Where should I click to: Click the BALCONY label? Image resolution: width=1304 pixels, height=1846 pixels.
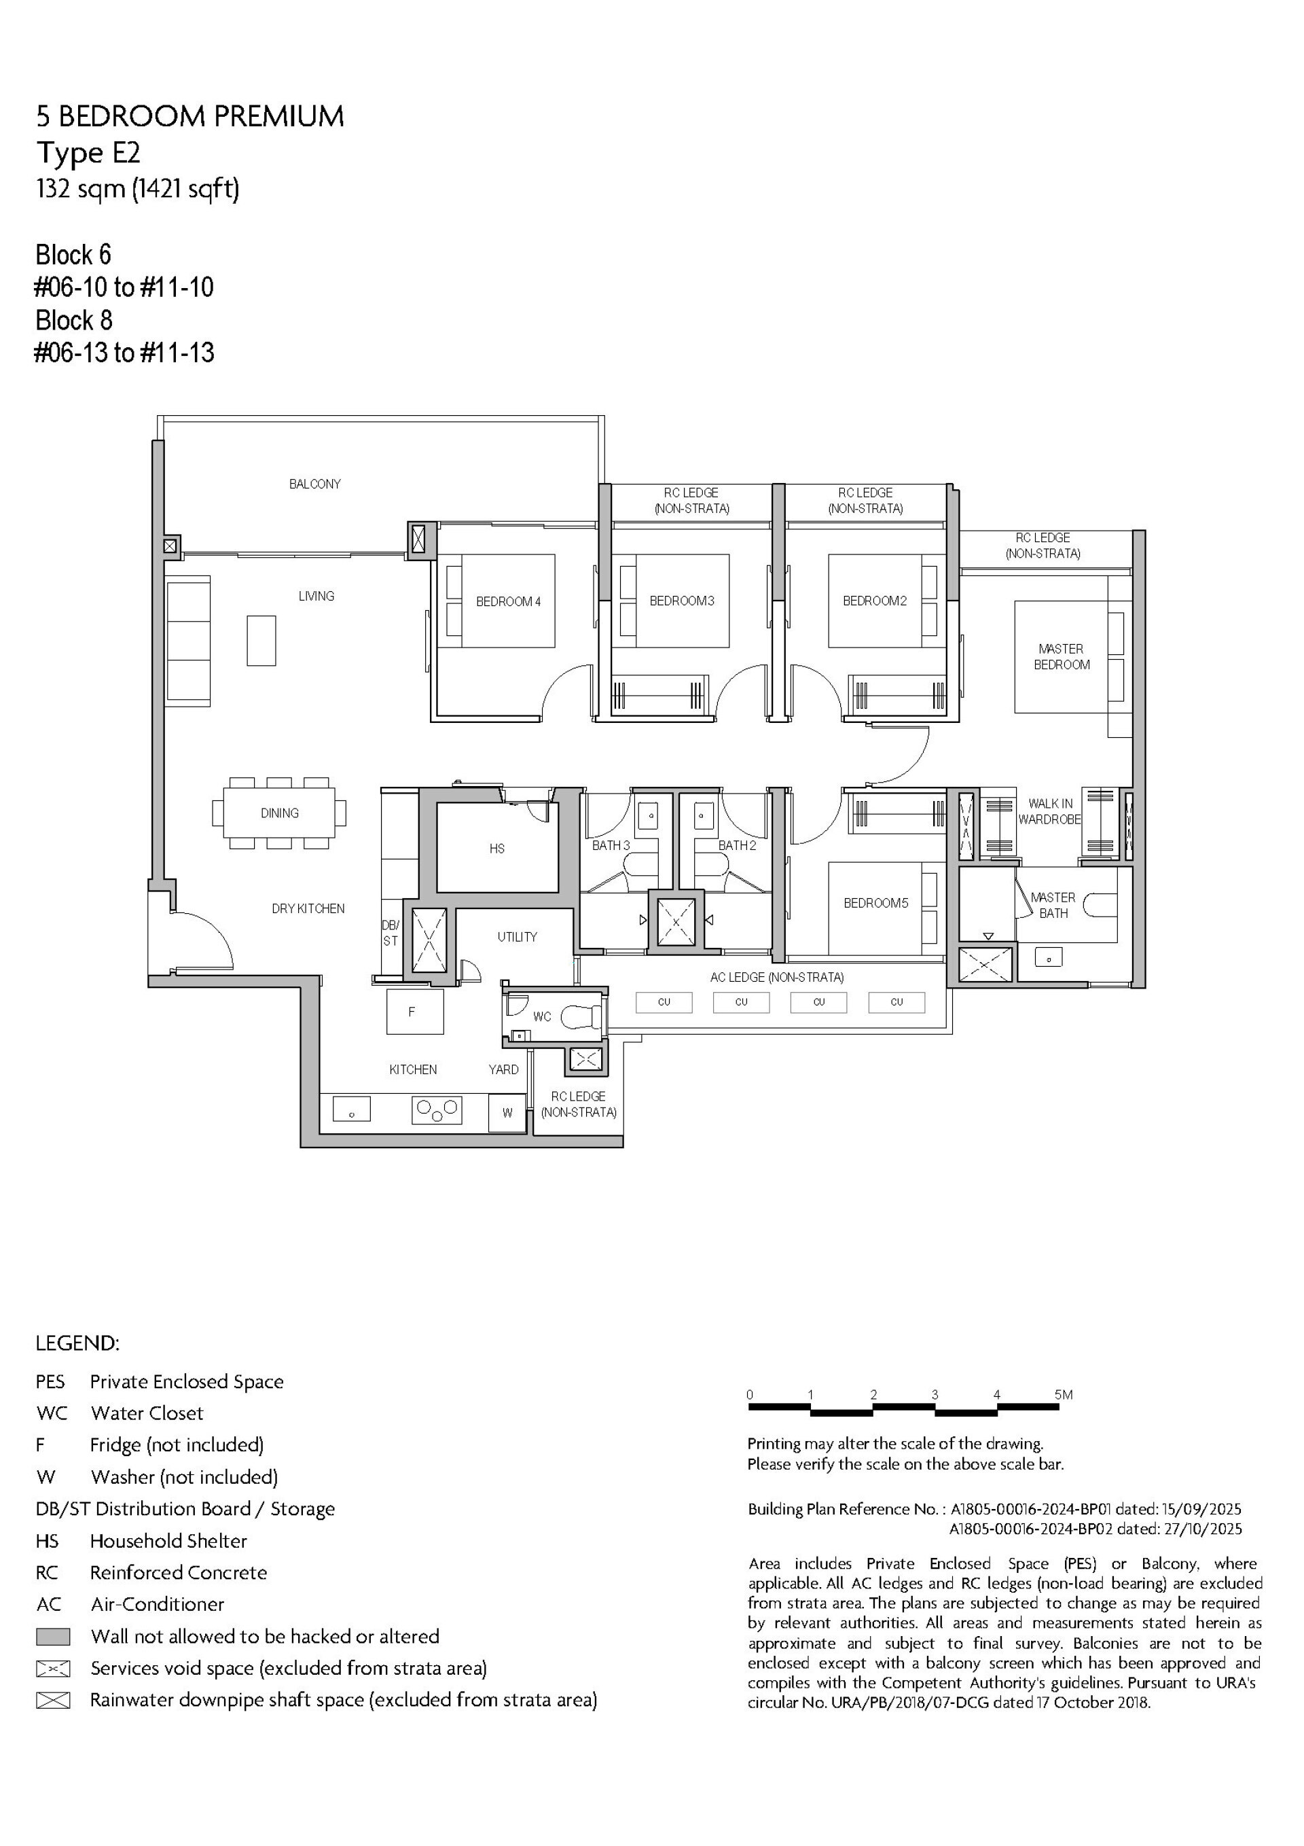pos(314,484)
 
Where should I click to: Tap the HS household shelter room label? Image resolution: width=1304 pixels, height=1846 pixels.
pos(497,848)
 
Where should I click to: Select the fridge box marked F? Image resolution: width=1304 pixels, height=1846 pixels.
pos(414,1012)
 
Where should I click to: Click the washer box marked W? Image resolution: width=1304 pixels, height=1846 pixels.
pos(507,1113)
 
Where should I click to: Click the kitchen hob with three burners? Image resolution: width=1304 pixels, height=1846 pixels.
pos(437,1111)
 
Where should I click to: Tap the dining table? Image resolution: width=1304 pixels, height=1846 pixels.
pos(279,813)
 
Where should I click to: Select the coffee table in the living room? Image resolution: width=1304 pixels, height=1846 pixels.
pos(261,641)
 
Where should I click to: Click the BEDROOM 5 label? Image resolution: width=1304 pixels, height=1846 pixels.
pos(875,903)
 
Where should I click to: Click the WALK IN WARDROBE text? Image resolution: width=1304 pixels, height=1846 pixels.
pos(1049,811)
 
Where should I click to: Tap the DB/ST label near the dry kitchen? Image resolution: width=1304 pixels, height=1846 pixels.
pos(390,933)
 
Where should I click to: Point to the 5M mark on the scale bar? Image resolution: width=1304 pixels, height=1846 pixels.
pos(1063,1395)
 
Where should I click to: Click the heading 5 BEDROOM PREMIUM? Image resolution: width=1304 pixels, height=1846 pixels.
pos(189,117)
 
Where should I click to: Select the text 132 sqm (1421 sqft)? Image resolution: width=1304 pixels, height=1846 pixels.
pos(137,189)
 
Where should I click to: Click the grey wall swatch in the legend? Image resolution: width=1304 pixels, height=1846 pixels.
pos(53,1636)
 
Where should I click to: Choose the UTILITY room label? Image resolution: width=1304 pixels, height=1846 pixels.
pos(517,937)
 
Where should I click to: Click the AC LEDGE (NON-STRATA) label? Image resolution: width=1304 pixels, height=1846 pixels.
pos(776,978)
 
